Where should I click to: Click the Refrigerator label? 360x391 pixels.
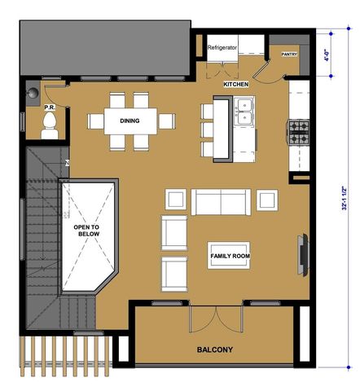tap(222, 48)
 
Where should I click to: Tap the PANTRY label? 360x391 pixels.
tap(289, 55)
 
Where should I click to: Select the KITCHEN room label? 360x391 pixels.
tap(235, 84)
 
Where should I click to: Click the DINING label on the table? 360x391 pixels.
tap(129, 121)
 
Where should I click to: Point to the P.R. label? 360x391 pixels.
tap(48, 107)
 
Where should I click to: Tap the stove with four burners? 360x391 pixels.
tap(298, 129)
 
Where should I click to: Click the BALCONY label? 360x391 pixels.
tap(215, 350)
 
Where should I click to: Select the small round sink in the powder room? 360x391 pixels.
tap(33, 92)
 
